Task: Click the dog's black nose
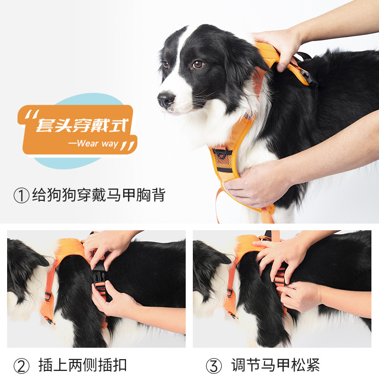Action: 166,99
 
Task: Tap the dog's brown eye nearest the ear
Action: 198,64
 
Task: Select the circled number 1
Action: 21,196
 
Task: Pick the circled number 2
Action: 21,366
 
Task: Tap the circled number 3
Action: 214,366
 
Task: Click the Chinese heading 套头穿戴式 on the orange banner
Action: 81,125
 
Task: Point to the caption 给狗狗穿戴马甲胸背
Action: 99,195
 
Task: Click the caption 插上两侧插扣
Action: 82,365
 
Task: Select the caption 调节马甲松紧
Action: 275,365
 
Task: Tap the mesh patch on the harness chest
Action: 223,161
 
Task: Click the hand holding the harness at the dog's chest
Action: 256,183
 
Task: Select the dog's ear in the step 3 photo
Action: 213,254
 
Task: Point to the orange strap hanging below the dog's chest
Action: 217,206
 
